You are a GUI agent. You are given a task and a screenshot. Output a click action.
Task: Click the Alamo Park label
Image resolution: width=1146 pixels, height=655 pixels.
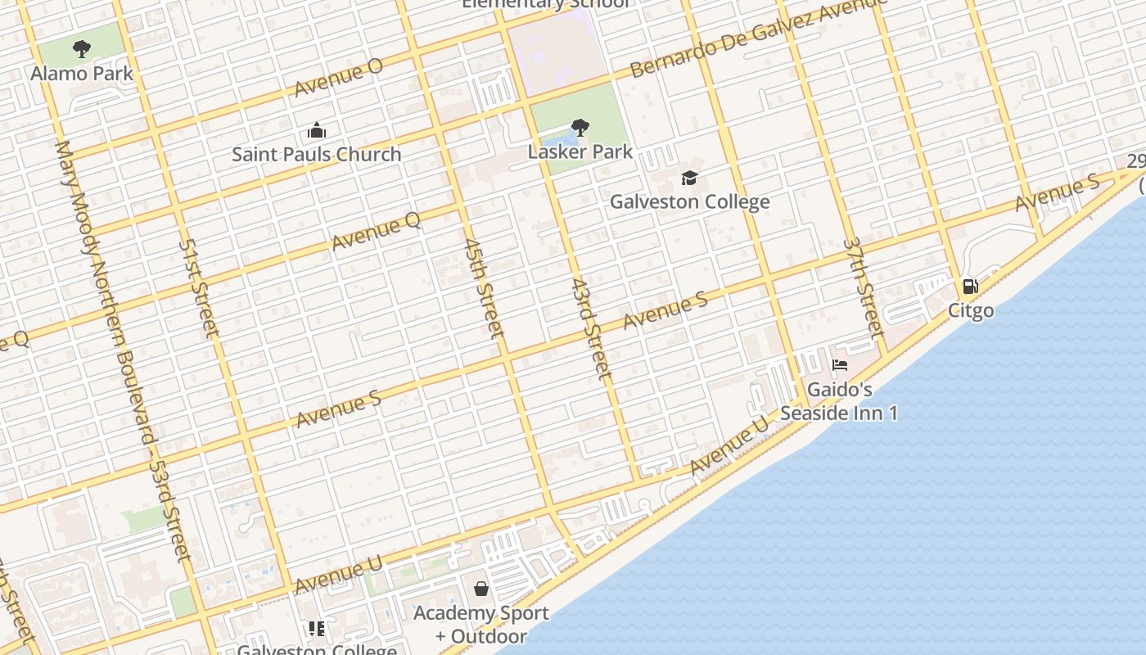(x=82, y=73)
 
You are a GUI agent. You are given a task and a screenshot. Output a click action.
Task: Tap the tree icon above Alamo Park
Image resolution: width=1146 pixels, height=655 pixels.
(x=81, y=49)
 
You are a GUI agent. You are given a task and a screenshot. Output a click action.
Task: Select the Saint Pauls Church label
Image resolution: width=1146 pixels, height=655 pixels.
(x=316, y=154)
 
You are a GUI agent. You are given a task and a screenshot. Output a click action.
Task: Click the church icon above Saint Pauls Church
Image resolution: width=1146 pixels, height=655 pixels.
(x=316, y=130)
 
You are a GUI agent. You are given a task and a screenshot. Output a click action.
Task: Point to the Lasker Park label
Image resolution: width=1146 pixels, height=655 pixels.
(x=580, y=151)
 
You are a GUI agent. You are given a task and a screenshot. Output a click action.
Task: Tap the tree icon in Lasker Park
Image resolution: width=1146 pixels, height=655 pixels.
(x=580, y=128)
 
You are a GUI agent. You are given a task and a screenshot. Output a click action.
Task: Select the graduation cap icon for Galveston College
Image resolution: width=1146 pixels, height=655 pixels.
(x=689, y=178)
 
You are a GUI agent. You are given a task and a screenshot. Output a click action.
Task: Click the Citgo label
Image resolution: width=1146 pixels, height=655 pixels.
(x=971, y=310)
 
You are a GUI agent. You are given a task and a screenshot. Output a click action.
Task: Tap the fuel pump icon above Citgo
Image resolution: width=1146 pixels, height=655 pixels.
(x=970, y=287)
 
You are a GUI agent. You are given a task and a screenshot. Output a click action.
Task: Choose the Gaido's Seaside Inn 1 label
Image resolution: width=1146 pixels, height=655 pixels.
(x=839, y=401)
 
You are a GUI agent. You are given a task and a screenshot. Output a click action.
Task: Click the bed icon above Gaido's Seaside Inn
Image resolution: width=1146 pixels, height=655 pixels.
(x=839, y=365)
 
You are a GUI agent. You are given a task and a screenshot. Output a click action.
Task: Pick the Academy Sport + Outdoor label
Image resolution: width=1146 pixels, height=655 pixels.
(x=481, y=624)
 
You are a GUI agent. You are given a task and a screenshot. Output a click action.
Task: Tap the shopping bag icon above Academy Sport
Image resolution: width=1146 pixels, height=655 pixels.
(x=481, y=589)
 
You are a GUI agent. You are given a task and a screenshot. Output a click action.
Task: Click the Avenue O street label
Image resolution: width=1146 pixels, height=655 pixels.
(x=339, y=77)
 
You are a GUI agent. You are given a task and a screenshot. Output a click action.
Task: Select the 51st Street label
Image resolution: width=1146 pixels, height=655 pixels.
(x=199, y=288)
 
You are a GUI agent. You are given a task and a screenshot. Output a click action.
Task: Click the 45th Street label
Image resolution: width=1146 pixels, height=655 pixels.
(x=483, y=288)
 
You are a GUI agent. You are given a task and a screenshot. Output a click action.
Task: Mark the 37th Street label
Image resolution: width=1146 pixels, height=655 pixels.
(x=864, y=288)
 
